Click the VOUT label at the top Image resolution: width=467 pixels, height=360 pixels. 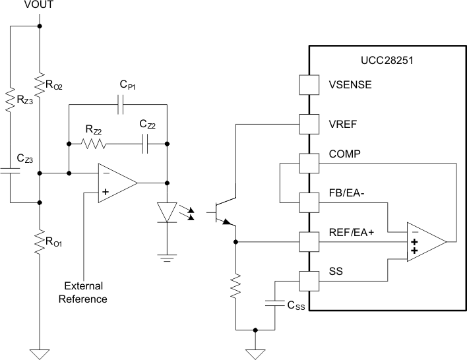tap(40, 6)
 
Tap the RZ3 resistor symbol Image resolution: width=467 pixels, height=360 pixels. tap(11, 103)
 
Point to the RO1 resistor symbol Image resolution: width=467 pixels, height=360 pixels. tap(40, 242)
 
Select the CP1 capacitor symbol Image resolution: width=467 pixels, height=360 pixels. tap(120, 105)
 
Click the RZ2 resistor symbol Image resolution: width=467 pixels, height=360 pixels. tap(93, 142)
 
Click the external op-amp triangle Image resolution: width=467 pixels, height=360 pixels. tap(116, 184)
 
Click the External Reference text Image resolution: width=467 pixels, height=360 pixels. tap(85, 292)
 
